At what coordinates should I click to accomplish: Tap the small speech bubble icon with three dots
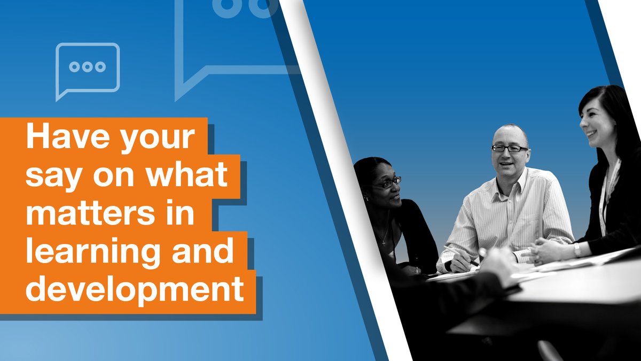pos(88,68)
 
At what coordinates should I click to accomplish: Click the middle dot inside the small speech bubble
pos(88,67)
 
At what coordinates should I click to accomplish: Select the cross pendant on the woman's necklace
pos(383,241)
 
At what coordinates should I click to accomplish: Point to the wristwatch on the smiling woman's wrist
pos(577,250)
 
